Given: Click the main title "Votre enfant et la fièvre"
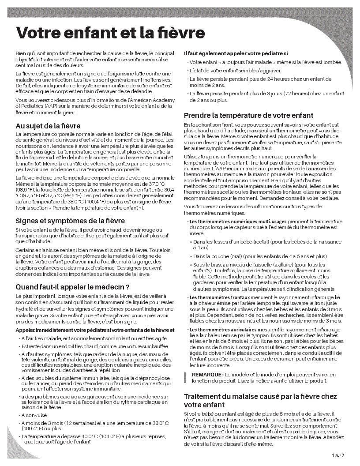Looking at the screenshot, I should pos(110,33).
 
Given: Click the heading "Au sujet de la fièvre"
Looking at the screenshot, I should pos(48,126).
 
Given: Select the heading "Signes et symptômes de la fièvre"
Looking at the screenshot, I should pos(70,221).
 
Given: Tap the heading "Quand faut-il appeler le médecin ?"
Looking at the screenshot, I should pos(72,287).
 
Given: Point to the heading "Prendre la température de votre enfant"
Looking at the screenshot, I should pos(248,116).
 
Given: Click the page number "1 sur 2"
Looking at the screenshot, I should pos(338,455).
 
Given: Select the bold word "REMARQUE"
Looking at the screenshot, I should pos(207,375).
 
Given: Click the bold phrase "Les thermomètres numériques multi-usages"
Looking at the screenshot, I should pos(238,221).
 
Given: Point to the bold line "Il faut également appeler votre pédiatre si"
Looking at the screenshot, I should pos(236,53).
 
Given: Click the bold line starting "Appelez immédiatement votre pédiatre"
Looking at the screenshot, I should pos(95,330).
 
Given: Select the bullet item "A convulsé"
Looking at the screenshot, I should pos(35,415).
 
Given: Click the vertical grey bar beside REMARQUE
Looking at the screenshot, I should pos(186,377).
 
